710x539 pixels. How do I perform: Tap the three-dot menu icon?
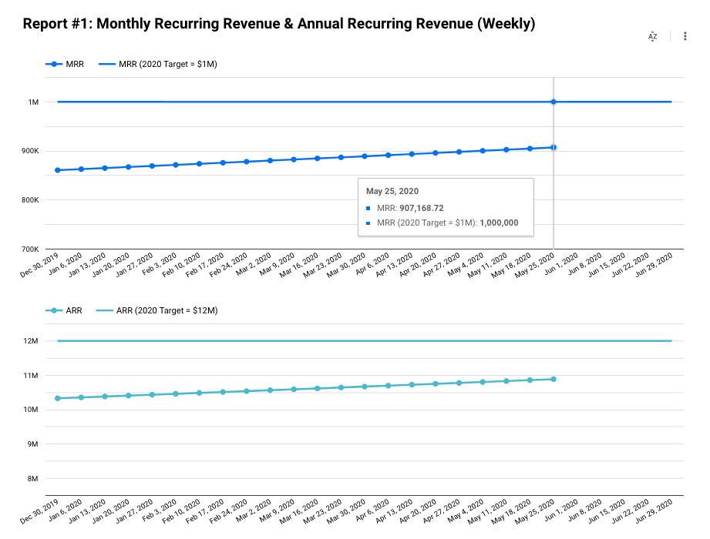click(685, 36)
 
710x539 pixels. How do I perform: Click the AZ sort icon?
click(652, 36)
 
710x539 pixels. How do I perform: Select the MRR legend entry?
click(65, 64)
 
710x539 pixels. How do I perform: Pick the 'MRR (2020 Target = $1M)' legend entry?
click(158, 64)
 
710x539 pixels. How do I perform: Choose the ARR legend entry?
click(64, 310)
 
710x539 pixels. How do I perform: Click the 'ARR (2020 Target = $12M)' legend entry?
click(157, 310)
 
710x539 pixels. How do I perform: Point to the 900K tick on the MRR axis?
click(30, 151)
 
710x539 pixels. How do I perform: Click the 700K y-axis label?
click(30, 249)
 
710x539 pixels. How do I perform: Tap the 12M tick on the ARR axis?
click(31, 341)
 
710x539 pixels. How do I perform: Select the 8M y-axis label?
click(32, 478)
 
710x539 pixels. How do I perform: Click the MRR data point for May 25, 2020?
click(554, 147)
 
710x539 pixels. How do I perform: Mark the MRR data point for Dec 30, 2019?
click(58, 170)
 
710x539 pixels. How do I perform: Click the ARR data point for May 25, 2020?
click(554, 380)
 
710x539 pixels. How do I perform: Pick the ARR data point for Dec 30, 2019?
click(58, 398)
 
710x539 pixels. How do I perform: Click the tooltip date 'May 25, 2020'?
click(392, 191)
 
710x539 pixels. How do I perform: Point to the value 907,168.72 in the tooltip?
click(422, 208)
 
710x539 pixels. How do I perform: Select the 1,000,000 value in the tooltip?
click(499, 223)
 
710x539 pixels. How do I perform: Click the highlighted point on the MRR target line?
click(554, 102)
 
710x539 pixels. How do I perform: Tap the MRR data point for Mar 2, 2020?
click(271, 160)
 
